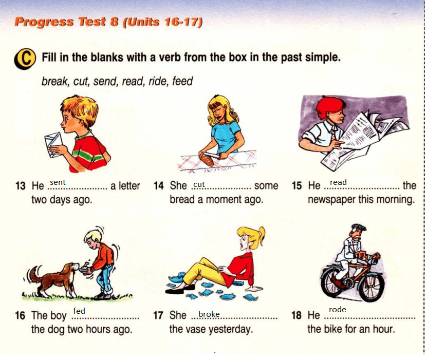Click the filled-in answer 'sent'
click(58, 182)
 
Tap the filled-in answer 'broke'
click(209, 314)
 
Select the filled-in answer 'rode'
click(338, 310)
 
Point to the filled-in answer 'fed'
click(79, 311)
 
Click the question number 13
click(21, 186)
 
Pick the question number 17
click(158, 315)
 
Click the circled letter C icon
click(25, 59)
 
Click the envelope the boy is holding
click(54, 145)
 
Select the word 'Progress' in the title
click(44, 22)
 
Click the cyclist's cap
click(358, 226)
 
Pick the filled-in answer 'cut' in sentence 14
click(199, 184)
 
